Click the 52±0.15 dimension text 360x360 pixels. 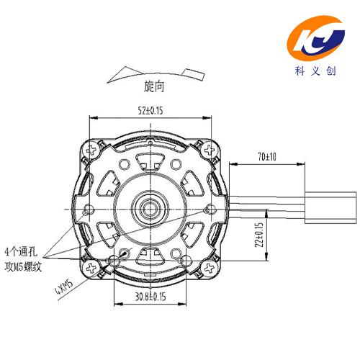coord(150,111)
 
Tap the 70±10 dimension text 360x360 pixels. coord(267,157)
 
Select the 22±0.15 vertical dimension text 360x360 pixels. coord(259,235)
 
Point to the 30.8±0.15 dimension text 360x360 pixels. coord(150,297)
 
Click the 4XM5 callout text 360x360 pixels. coord(64,287)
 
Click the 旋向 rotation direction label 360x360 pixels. coord(154,86)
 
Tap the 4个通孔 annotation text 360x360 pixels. coord(21,251)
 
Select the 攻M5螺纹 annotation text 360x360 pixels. coord(23,266)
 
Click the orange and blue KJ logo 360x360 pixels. coord(316,38)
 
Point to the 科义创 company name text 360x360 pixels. coord(315,71)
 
